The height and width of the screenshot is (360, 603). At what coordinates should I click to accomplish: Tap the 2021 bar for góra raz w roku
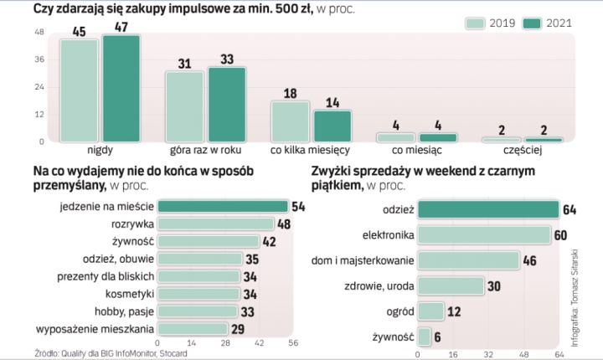(226, 104)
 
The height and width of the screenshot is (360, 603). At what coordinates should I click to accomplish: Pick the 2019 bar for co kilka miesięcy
(290, 121)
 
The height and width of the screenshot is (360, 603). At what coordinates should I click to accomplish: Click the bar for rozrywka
(216, 224)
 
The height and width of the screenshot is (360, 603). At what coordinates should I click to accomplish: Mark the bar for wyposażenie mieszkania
(193, 328)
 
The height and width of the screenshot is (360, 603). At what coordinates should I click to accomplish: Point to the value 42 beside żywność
(270, 241)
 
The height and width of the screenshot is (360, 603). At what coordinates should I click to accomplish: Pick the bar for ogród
(430, 311)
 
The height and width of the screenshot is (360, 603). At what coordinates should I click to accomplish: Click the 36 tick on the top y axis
(16, 59)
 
